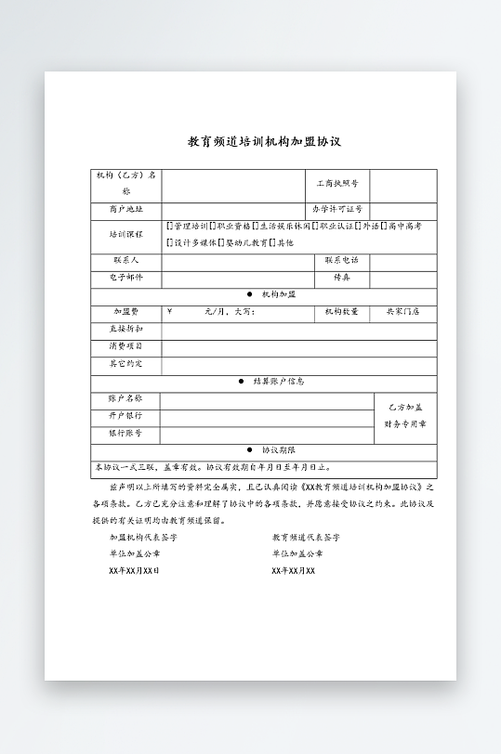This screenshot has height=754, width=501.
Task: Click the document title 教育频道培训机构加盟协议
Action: [265, 142]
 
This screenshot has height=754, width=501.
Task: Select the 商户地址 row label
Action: [125, 210]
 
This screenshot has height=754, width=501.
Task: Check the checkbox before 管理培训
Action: [168, 227]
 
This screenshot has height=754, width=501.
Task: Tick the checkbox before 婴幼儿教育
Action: [225, 242]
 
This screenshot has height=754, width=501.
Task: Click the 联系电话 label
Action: [341, 261]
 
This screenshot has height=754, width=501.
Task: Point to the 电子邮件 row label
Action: [125, 278]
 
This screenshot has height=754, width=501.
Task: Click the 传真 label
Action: [341, 278]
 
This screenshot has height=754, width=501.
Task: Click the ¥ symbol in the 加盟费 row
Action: [169, 311]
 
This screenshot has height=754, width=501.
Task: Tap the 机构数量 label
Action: [341, 311]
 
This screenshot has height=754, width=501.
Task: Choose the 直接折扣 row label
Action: [125, 329]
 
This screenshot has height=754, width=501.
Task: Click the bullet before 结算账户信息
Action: [242, 382]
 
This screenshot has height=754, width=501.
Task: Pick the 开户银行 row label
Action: [125, 415]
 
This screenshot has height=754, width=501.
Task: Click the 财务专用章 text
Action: [404, 424]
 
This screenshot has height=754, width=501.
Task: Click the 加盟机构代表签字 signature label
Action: [142, 537]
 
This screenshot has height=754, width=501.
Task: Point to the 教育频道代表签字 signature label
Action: [306, 537]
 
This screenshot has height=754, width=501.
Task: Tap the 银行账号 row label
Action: [125, 433]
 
